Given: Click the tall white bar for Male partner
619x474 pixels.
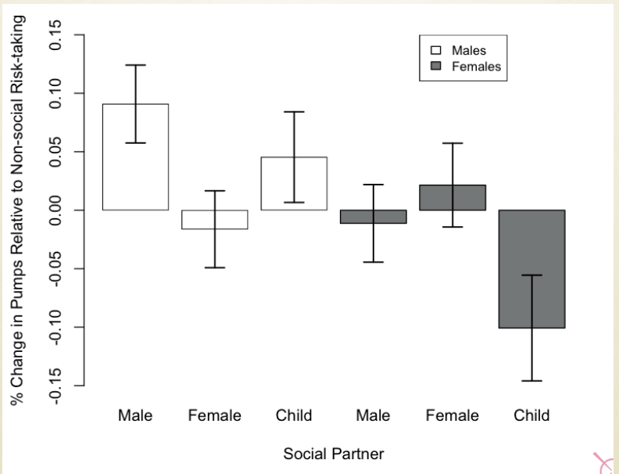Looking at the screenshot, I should tap(117, 156).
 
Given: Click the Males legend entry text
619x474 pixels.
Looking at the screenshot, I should tap(469, 51).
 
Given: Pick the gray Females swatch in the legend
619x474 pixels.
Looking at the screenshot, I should tap(436, 66).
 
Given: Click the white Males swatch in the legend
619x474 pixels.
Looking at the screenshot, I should tap(436, 51).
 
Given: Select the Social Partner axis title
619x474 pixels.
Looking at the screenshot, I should tap(334, 454).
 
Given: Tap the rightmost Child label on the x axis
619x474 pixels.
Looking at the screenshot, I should tap(531, 415).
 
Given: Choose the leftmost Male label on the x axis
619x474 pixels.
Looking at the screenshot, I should tap(135, 415).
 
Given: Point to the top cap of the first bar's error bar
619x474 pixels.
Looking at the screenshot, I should tap(135, 65).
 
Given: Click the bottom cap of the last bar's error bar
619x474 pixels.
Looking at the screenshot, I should tap(531, 381).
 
